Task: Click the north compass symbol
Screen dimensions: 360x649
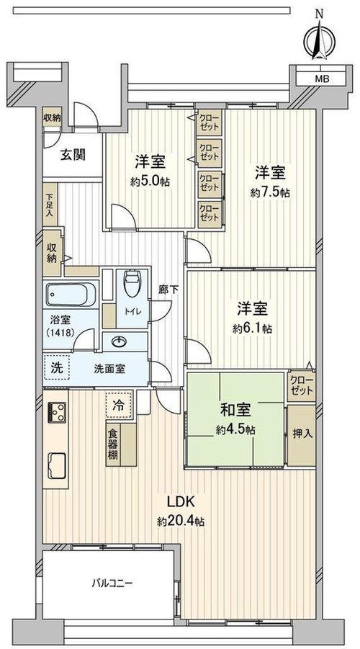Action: [x=319, y=40]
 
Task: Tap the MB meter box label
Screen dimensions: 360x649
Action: [x=323, y=79]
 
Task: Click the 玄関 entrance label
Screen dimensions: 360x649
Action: [x=73, y=155]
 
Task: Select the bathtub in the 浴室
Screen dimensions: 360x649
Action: [x=71, y=294]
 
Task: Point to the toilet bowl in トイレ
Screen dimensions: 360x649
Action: [x=132, y=284]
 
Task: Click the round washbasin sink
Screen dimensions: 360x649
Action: [x=120, y=342]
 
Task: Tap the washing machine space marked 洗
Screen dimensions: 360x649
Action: [x=56, y=367]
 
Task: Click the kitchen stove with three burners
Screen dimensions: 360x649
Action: [x=56, y=412]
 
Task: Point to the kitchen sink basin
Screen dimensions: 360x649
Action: [x=57, y=465]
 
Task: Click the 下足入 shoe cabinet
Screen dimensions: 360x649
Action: [x=50, y=205]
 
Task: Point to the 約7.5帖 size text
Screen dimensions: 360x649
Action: [x=270, y=192]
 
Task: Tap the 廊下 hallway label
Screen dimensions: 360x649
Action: [x=168, y=290]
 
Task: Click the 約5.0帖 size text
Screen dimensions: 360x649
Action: [x=150, y=182]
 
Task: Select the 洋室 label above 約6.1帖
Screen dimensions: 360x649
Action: [x=253, y=309]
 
